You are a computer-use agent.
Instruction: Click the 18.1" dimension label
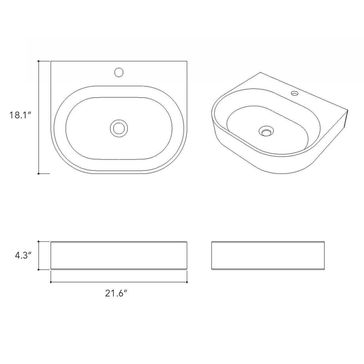[x=20, y=115]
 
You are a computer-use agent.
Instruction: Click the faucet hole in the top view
[x=119, y=72]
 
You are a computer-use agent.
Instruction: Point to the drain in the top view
[x=119, y=128]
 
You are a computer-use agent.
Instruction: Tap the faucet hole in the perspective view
[x=294, y=93]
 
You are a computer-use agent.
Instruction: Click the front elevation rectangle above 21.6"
[x=119, y=255]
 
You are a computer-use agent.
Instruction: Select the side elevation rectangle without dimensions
[x=268, y=255]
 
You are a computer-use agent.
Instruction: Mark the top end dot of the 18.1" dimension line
[x=39, y=61]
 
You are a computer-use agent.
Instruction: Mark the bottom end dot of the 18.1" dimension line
[x=39, y=174]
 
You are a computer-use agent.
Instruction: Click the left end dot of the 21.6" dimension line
[x=51, y=282]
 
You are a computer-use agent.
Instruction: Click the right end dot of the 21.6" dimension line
[x=187, y=282]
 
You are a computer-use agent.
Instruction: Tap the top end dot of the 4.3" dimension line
[x=39, y=241]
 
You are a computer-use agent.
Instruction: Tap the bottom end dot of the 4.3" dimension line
[x=39, y=270]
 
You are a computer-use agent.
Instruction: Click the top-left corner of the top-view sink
[x=51, y=61]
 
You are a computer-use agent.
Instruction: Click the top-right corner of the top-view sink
[x=187, y=61]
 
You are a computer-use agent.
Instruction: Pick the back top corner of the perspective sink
[x=260, y=73]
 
